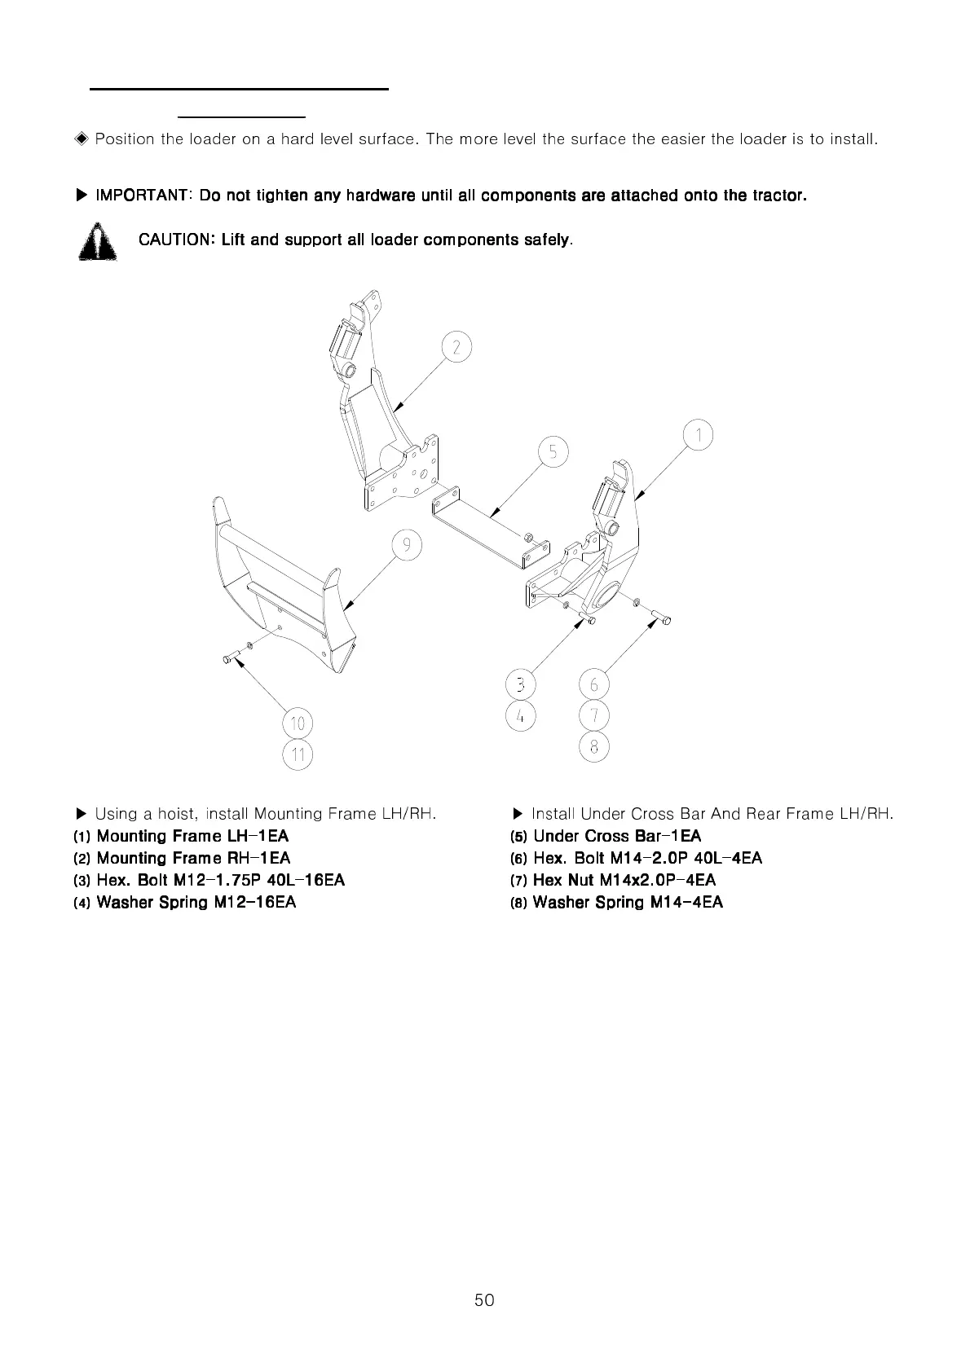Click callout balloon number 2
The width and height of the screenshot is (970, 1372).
tap(456, 348)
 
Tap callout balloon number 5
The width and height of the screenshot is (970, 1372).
tap(553, 451)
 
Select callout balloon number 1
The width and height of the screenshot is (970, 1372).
tap(699, 435)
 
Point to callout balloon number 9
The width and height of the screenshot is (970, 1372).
tap(406, 544)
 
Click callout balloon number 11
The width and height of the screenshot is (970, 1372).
tap(298, 755)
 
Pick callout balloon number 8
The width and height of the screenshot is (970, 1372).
tap(594, 747)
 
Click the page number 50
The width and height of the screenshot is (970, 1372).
tap(484, 1299)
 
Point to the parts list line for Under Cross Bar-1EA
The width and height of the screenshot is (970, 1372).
tap(616, 836)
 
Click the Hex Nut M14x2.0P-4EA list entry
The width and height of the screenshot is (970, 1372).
tap(624, 880)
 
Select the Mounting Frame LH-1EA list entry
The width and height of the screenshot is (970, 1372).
tap(192, 836)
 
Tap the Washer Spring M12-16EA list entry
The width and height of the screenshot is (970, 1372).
tap(196, 902)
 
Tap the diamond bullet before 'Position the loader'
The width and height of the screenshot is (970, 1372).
tap(81, 139)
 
